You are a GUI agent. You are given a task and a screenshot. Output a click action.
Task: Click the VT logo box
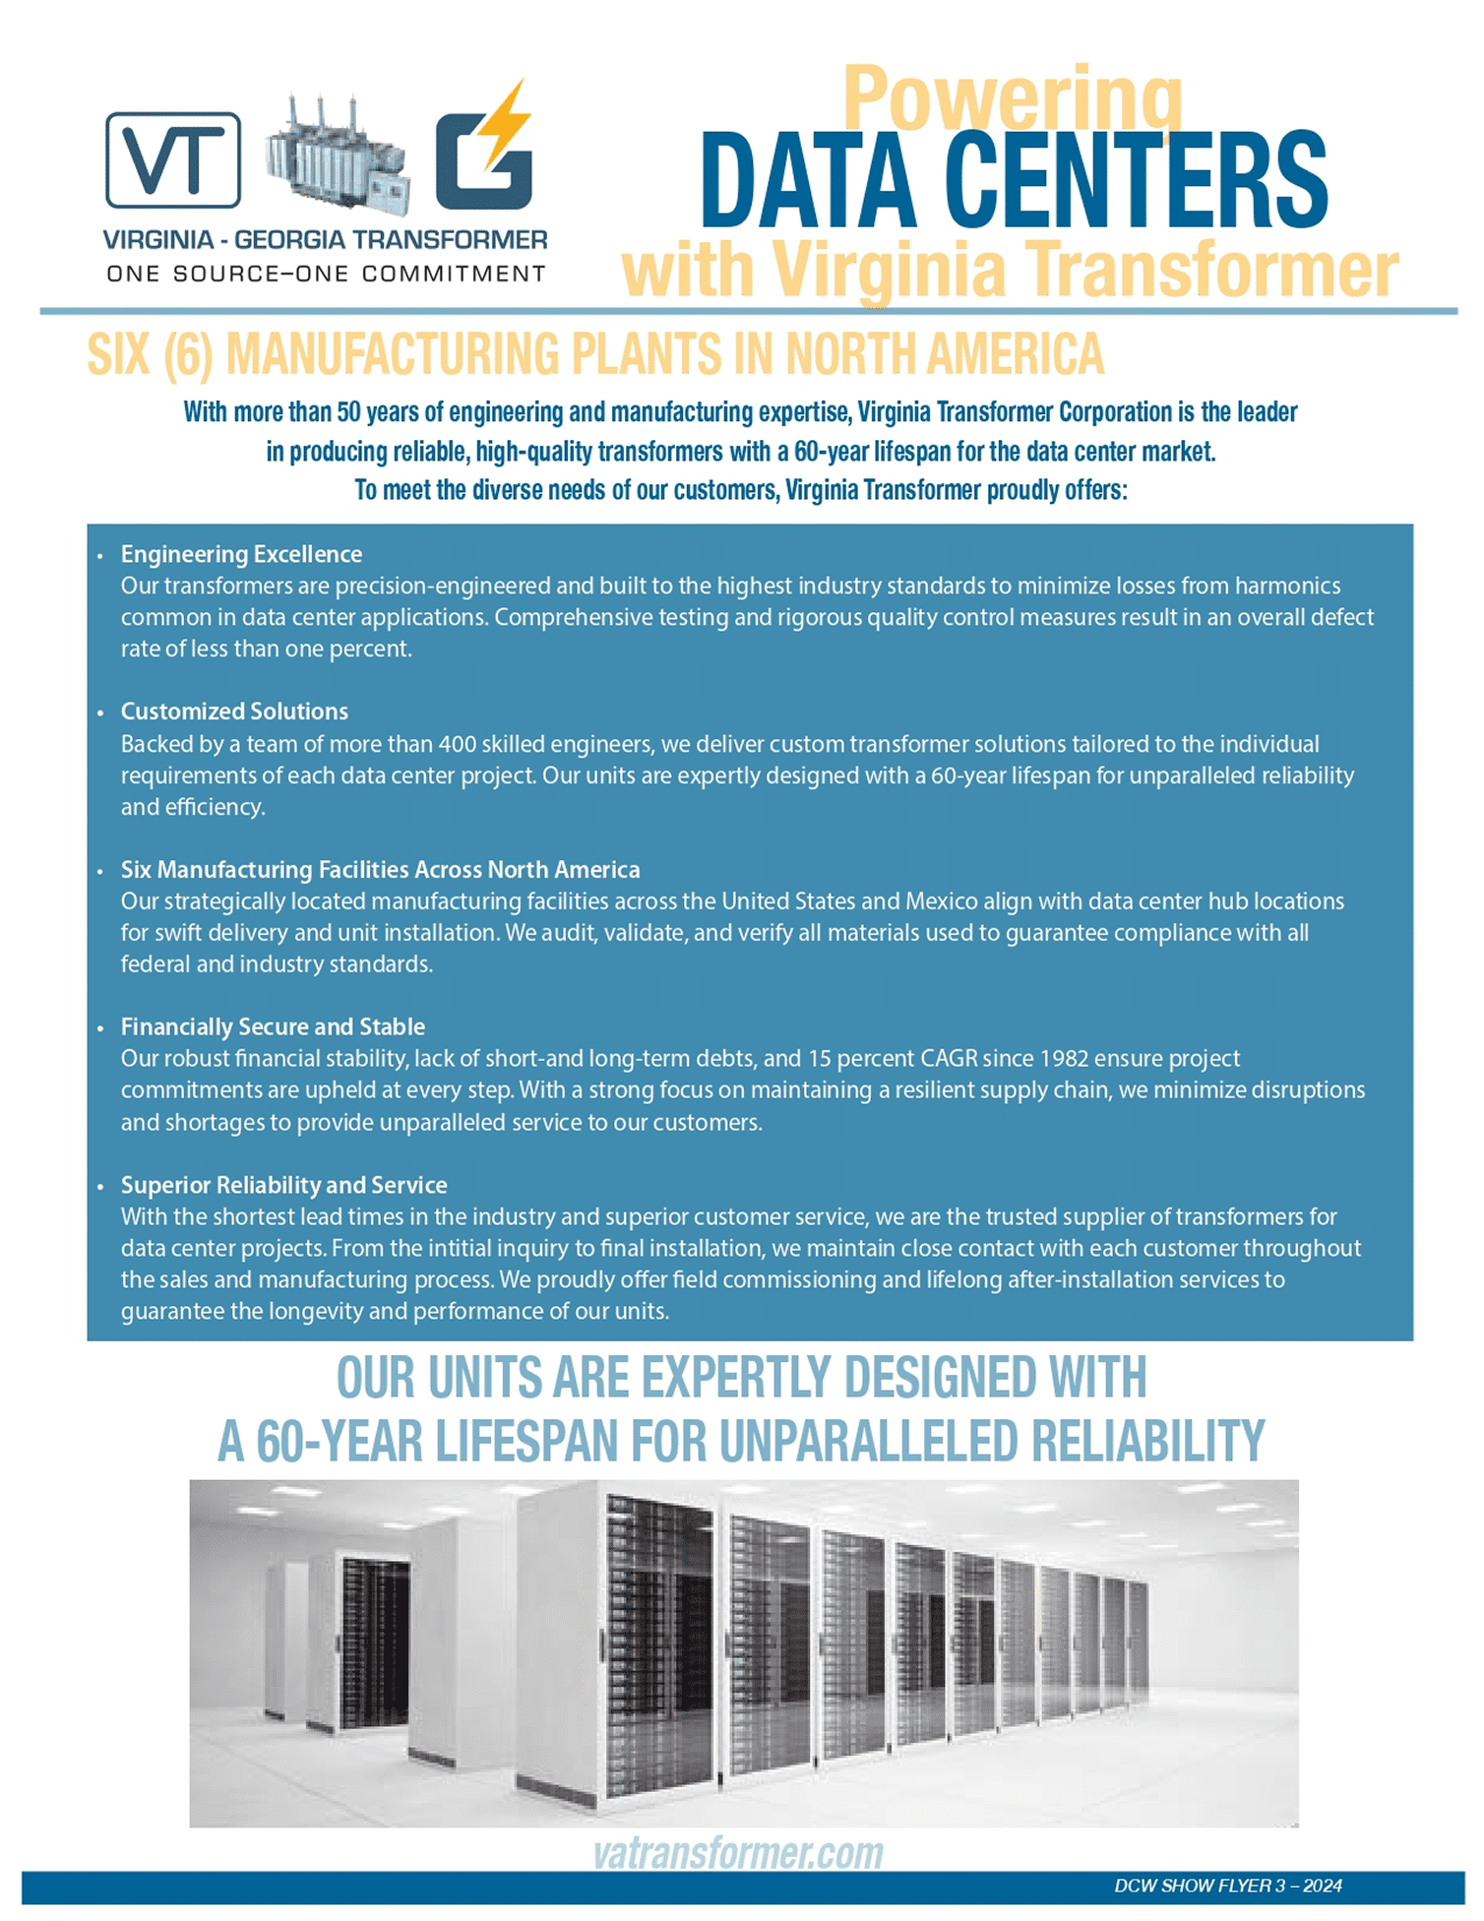click(173, 159)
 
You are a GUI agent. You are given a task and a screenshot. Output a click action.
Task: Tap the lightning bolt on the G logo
click(508, 124)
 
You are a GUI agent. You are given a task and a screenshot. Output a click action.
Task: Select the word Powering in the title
click(1012, 98)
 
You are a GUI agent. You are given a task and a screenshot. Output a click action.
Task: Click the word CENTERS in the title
click(1136, 181)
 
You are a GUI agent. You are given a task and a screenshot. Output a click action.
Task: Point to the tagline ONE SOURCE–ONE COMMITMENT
click(326, 274)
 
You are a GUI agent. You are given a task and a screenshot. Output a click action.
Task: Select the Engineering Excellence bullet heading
click(241, 554)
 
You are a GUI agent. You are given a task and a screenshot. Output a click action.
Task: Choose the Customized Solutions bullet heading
click(234, 712)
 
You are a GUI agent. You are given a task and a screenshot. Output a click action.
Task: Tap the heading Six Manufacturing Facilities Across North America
click(380, 870)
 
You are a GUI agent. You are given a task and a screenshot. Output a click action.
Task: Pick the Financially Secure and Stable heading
click(273, 1026)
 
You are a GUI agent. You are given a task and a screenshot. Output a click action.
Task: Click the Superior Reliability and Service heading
click(283, 1185)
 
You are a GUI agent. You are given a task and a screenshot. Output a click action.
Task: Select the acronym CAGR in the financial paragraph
click(949, 1059)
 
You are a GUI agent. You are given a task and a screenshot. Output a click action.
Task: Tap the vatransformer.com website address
click(738, 1853)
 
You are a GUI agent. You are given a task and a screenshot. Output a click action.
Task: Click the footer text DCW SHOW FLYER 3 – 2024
click(1227, 1886)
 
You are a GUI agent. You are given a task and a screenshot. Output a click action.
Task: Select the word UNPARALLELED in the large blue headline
click(868, 1442)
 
